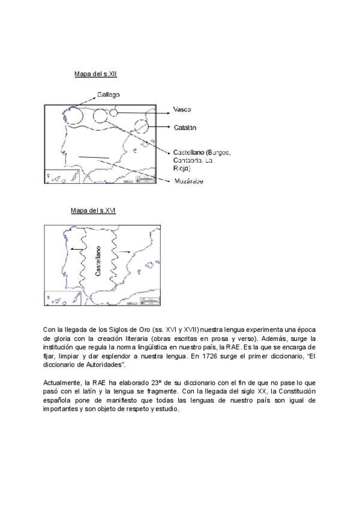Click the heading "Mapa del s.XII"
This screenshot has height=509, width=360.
coord(95,74)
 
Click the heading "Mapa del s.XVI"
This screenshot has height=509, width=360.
coord(93,211)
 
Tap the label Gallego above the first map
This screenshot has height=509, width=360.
coord(107,94)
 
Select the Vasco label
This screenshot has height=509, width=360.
coord(182,109)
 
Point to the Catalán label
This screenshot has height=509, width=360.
coord(185,127)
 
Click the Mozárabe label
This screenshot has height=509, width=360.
coord(188,181)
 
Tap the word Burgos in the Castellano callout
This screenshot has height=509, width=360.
coord(218,152)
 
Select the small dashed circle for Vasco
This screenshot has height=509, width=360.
coord(113,113)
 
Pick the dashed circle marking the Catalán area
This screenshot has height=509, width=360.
coord(142,127)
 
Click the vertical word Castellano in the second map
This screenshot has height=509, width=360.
coord(98,261)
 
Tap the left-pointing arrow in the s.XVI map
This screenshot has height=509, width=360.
coord(75,247)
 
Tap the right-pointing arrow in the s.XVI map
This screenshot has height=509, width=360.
coord(124,252)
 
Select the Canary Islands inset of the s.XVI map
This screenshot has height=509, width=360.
coord(62,298)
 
